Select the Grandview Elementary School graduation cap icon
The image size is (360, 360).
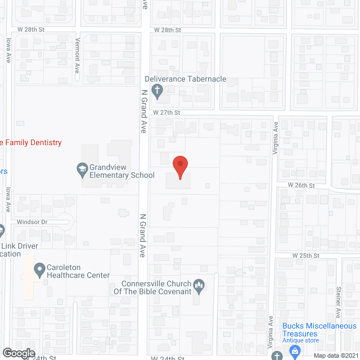click(82, 168)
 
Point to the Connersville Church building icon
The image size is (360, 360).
click(199, 287)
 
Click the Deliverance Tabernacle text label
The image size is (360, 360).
click(185, 79)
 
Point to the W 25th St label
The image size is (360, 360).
click(305, 255)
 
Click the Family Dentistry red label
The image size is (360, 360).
click(31, 143)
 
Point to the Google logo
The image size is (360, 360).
click(18, 353)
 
